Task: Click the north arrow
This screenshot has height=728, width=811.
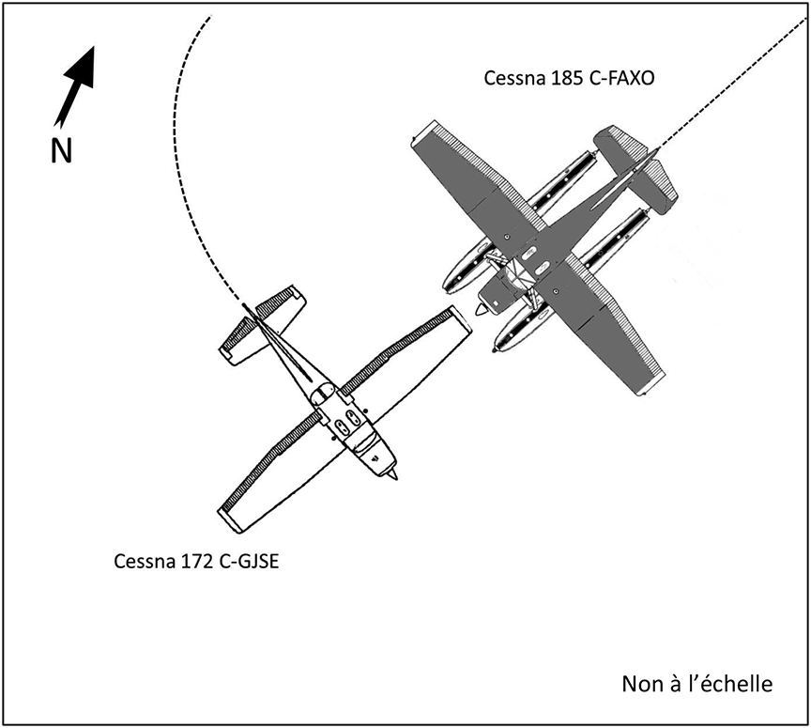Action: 76,85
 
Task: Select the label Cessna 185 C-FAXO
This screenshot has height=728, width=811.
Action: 569,79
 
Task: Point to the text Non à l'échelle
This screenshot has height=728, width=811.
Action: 696,684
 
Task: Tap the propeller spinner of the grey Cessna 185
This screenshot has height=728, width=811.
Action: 482,309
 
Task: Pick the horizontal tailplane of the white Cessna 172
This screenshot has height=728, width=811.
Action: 262,324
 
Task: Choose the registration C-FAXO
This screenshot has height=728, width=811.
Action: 620,79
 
